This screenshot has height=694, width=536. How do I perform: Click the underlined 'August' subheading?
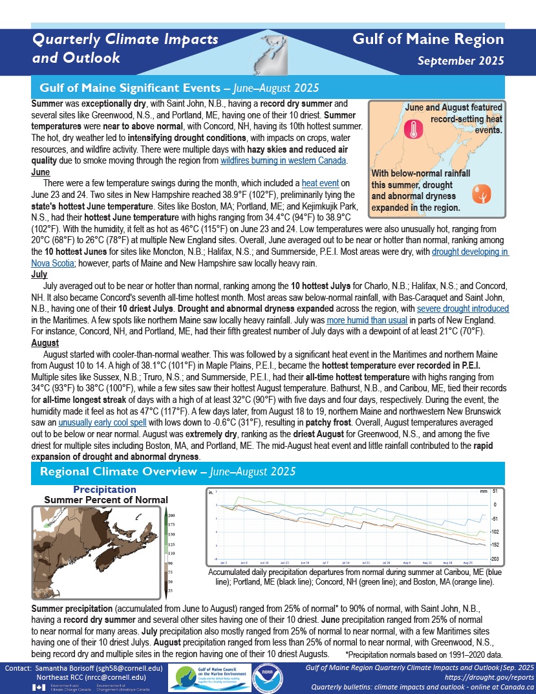click(x=45, y=343)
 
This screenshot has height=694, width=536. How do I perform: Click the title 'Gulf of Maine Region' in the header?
click(x=428, y=39)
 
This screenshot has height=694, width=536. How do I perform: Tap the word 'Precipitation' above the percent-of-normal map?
click(x=105, y=490)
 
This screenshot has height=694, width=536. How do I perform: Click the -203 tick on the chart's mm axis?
click(x=493, y=558)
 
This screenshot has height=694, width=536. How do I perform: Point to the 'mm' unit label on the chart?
click(x=484, y=492)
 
